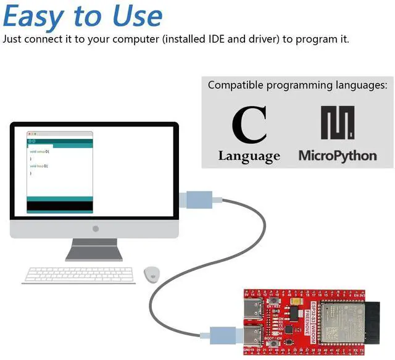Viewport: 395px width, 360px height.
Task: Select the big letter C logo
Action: click(249, 125)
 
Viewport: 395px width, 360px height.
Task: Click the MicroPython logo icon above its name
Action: click(337, 123)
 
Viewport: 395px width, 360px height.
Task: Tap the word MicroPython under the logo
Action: click(337, 154)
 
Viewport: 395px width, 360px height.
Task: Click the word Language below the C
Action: click(249, 156)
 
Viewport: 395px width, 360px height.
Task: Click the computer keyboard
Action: click(79, 275)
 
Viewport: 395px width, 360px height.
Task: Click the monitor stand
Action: click(94, 249)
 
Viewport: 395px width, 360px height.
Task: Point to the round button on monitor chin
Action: click(95, 229)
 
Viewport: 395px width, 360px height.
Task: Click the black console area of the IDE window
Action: click(60, 205)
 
